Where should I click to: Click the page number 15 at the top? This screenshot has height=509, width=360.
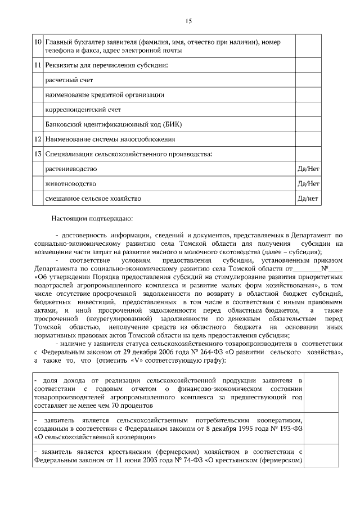189,21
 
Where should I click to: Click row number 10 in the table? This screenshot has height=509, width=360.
38,42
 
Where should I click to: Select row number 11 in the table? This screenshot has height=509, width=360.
38,66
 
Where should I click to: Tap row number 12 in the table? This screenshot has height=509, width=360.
38,139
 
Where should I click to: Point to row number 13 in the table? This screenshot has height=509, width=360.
38,154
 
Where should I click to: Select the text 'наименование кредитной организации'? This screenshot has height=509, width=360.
105,95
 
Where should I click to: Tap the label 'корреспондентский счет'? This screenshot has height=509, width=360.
83,110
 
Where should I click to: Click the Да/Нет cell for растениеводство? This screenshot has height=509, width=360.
308,169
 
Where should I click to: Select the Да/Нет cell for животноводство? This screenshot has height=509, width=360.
308,183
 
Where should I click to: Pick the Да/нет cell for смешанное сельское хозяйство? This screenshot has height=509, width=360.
308,198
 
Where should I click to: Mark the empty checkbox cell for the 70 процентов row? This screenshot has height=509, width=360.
321,389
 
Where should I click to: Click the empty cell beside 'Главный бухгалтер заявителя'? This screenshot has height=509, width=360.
308,46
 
